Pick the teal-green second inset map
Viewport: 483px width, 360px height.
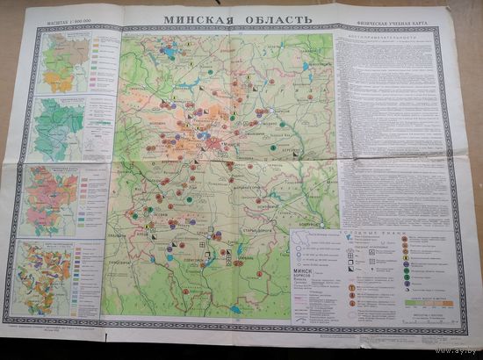pyautogui.click(x=61, y=128)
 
